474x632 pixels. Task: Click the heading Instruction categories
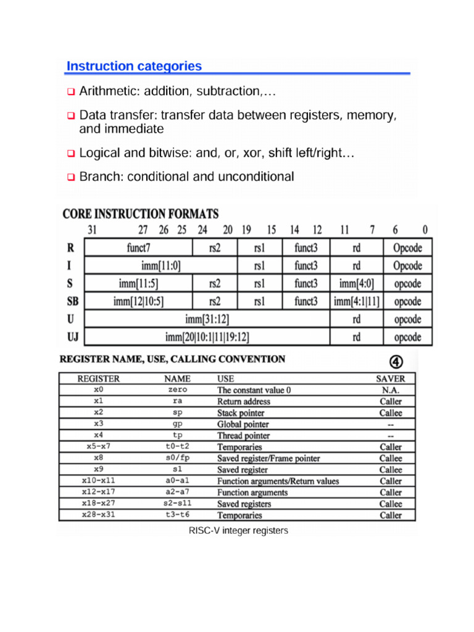tap(134, 66)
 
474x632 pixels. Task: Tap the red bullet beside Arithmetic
tap(70, 92)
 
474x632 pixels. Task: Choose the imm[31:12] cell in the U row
tap(207, 320)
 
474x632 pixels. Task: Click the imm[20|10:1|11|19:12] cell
tap(207, 338)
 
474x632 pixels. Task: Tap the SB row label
tap(72, 302)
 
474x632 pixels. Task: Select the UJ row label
tap(72, 338)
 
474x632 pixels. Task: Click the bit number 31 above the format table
tap(93, 230)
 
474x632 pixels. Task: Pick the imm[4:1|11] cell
tap(357, 302)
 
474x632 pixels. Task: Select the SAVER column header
tap(391, 378)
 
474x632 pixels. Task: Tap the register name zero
tap(177, 390)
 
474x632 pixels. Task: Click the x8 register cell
tap(99, 459)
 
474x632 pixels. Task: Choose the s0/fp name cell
tap(177, 459)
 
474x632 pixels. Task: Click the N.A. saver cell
tap(391, 390)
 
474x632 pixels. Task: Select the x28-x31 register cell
tap(99, 515)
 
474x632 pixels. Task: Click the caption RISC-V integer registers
tap(238, 530)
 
